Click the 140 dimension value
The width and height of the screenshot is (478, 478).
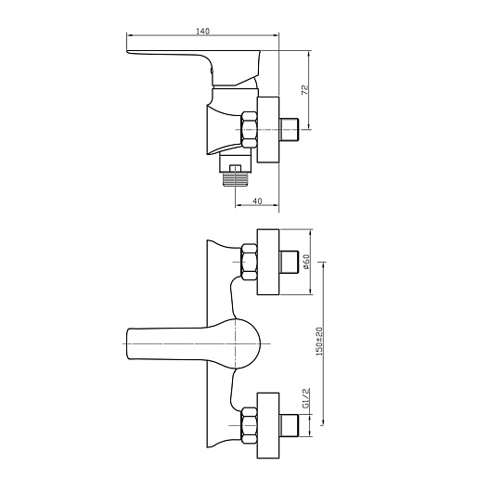click(x=202, y=32)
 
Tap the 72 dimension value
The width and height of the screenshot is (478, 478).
click(x=305, y=89)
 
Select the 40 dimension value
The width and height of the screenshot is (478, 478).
click(x=257, y=201)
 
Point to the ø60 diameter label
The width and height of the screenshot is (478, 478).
click(x=306, y=262)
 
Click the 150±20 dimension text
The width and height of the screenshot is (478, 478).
click(x=319, y=342)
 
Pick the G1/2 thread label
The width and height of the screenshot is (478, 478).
click(x=306, y=398)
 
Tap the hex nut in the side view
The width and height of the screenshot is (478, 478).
click(x=249, y=129)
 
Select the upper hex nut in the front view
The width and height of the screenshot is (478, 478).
click(x=249, y=262)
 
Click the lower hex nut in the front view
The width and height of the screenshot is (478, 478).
click(x=249, y=425)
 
